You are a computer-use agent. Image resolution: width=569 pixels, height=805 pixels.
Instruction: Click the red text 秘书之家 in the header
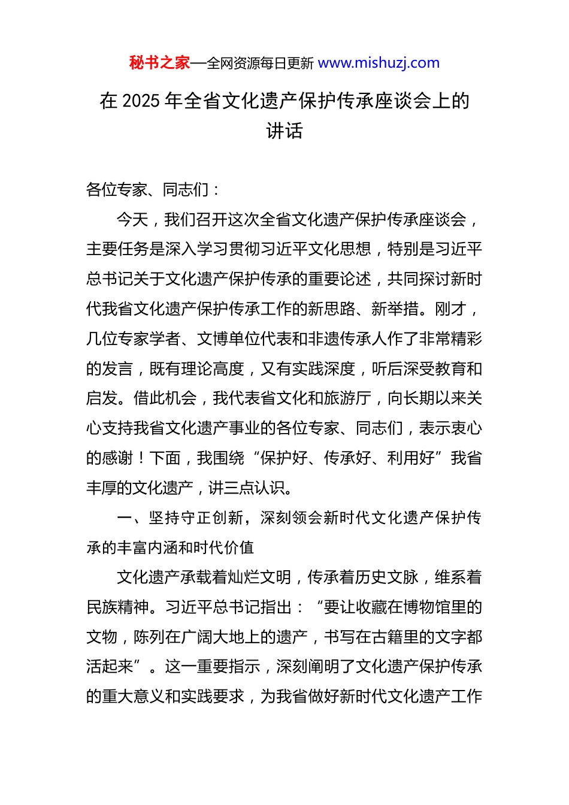click(x=159, y=63)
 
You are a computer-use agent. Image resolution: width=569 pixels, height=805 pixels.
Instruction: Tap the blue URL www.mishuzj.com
click(x=379, y=63)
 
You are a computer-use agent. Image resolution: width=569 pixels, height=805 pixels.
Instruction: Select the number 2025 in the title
click(x=141, y=101)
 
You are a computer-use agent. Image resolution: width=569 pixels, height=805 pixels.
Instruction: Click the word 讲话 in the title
click(x=284, y=131)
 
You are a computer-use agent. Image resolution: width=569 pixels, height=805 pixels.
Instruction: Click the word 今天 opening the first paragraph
click(x=132, y=220)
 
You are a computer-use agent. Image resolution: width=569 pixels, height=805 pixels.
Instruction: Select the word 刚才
click(x=450, y=309)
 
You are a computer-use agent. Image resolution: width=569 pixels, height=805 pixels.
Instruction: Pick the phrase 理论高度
click(x=213, y=369)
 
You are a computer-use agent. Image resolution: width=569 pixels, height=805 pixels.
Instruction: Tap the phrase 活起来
click(x=110, y=667)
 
